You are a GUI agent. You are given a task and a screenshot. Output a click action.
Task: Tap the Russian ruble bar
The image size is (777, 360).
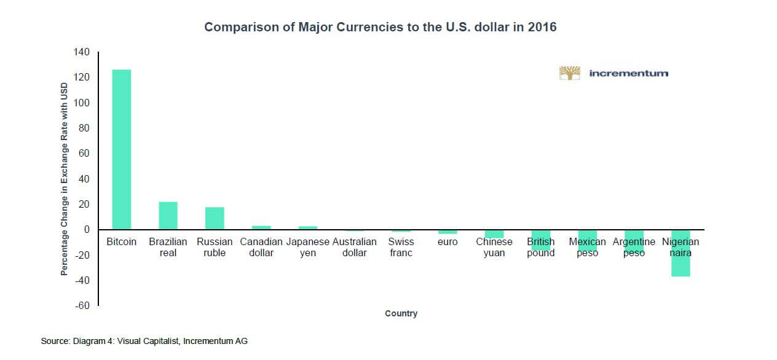click(x=215, y=218)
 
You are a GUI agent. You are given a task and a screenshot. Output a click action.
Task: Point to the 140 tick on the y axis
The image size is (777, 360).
click(x=82, y=52)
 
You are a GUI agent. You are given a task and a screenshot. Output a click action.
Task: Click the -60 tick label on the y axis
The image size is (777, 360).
click(x=82, y=306)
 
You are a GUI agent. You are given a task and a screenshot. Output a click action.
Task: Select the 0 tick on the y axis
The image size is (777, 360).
click(x=87, y=230)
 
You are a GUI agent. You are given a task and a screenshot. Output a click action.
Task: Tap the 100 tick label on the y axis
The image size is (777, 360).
click(x=82, y=103)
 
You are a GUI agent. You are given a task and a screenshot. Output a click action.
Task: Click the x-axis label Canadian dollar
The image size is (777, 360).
click(x=261, y=247)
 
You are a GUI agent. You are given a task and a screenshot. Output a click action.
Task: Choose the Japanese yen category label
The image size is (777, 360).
click(x=308, y=247)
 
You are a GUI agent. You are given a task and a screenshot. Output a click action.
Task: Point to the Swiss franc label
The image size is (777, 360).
click(x=401, y=247)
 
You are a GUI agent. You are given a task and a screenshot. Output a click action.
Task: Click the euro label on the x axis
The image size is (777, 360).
click(x=448, y=242)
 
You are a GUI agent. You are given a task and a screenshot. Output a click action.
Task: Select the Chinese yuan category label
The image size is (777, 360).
click(x=494, y=247)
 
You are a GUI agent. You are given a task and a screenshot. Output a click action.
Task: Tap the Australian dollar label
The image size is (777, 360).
click(x=355, y=247)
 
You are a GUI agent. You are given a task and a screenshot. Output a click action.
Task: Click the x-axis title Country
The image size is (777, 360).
click(x=401, y=313)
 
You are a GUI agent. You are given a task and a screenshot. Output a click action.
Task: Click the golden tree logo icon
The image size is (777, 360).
click(x=570, y=73)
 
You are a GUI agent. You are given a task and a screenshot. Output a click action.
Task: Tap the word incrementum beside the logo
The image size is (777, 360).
click(x=628, y=73)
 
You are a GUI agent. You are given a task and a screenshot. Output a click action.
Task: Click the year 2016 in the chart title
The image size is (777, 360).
click(x=542, y=27)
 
